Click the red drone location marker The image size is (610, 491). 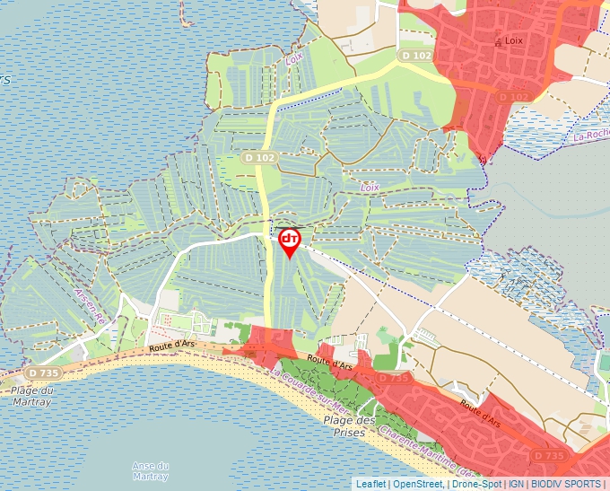[290, 241]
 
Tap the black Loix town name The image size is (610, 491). [513, 41]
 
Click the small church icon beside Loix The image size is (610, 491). [498, 41]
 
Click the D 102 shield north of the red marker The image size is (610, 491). [259, 158]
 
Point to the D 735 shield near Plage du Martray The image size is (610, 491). [43, 373]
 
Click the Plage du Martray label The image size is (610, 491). [32, 395]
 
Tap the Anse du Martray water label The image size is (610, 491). [150, 470]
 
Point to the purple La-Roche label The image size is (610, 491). [591, 136]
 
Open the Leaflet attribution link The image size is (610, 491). [370, 484]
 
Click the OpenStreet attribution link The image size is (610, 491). [418, 484]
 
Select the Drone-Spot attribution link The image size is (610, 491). [476, 484]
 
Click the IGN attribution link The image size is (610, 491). [517, 484]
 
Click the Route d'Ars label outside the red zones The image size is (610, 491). [172, 343]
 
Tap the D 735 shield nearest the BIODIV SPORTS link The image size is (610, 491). [549, 456]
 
